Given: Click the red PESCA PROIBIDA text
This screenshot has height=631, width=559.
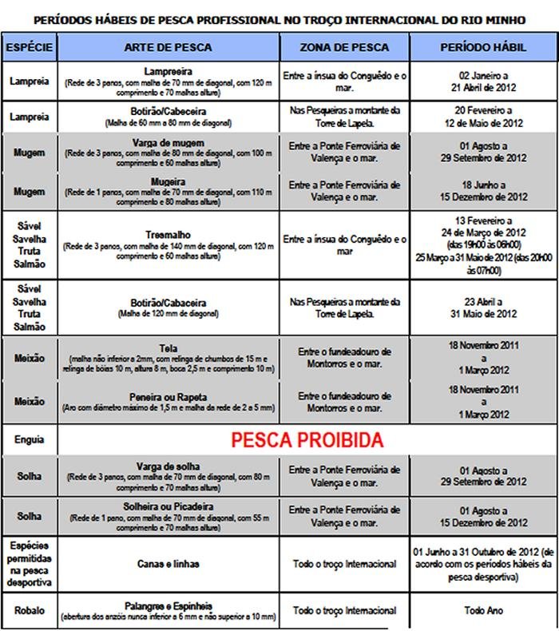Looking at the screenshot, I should [x=307, y=440].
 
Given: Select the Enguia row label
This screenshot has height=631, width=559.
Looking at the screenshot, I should [x=30, y=440].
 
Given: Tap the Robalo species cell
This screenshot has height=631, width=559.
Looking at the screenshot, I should [x=30, y=611].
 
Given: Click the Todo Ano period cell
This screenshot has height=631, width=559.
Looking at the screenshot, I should [x=484, y=611].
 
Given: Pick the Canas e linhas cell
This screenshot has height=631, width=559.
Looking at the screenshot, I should [x=168, y=565].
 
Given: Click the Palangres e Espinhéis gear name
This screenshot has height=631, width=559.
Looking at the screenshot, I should [x=168, y=606].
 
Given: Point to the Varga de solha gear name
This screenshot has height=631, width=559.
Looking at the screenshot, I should [x=168, y=466].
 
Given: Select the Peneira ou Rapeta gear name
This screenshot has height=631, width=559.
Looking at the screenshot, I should [x=168, y=397].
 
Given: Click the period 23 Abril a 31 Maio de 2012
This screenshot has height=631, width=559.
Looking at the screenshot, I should [x=484, y=308].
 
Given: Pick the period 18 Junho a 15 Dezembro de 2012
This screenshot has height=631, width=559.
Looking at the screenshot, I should [x=484, y=190].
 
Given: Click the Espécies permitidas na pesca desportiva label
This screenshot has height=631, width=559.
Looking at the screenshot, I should [x=30, y=564].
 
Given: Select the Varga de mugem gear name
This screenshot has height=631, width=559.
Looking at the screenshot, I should [x=168, y=142].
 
